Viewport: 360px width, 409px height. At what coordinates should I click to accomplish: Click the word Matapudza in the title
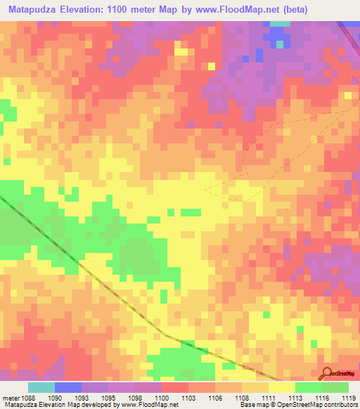pos(32,9)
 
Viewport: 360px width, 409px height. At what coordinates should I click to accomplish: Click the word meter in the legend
pos(11,398)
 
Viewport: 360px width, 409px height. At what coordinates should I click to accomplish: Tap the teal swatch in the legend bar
pos(41,387)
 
